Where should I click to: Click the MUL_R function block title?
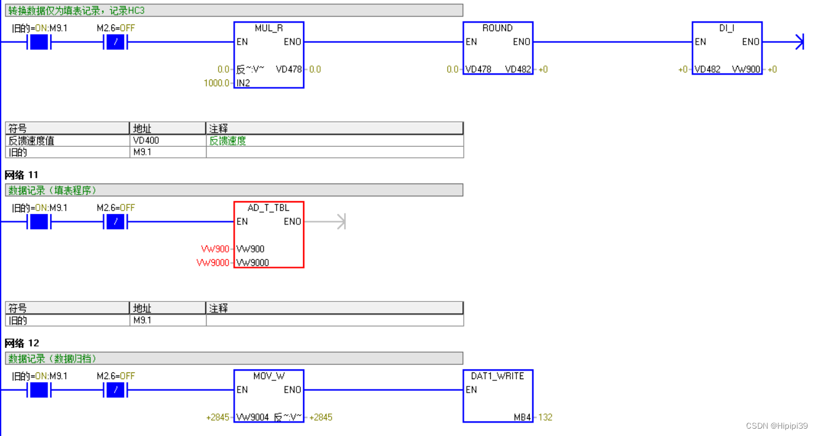point(268,28)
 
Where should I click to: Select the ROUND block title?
point(497,28)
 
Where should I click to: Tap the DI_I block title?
point(727,28)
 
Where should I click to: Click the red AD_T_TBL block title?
point(268,208)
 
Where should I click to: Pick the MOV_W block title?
point(268,376)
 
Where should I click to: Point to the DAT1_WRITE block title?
point(497,376)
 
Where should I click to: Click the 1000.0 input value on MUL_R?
point(216,83)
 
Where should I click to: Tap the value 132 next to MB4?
point(545,418)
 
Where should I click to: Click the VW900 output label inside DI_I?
point(746,70)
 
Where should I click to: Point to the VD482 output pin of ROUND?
point(518,70)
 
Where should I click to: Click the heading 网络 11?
point(22,175)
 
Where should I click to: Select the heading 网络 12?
point(22,343)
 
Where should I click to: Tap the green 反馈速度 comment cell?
point(228,141)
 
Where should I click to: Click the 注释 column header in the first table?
point(219,128)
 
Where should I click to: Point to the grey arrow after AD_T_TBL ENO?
point(340,221)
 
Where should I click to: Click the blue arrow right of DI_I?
point(798,42)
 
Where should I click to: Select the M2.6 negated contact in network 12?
point(115,390)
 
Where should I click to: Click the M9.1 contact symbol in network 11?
point(39,221)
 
